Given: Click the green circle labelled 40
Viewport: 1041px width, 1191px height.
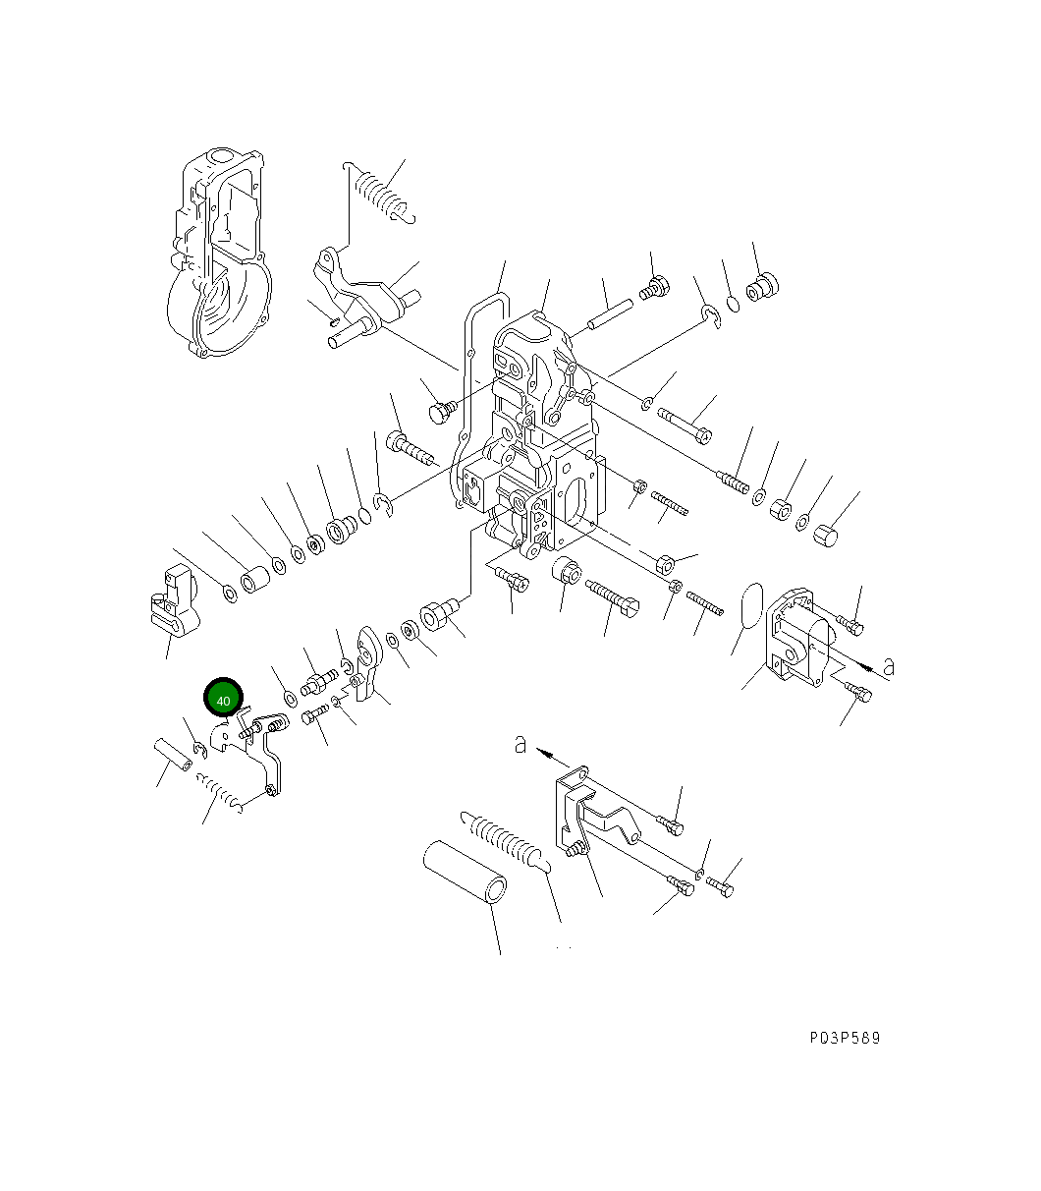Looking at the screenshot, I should pyautogui.click(x=223, y=700).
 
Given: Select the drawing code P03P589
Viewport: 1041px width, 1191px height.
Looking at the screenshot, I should pyautogui.click(x=845, y=1038).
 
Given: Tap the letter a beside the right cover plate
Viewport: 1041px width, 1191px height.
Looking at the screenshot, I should pyautogui.click(x=889, y=666).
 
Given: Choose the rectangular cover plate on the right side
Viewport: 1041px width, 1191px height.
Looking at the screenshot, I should pyautogui.click(x=800, y=640).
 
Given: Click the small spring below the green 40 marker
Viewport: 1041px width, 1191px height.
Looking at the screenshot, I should pyautogui.click(x=220, y=791).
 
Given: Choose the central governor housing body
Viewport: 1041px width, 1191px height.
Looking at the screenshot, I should pyautogui.click(x=530, y=442).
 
